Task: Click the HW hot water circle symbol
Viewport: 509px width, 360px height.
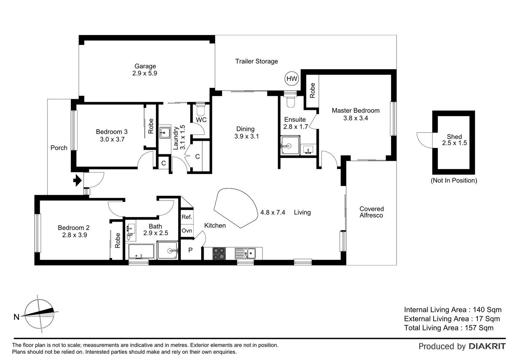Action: tap(292, 79)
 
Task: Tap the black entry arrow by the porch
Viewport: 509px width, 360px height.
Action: tap(78, 180)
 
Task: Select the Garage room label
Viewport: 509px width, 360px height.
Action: tap(145, 66)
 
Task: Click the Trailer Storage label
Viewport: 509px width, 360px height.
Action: tap(257, 61)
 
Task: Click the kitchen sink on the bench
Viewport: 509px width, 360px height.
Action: tap(246, 253)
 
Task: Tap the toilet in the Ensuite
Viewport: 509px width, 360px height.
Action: tap(290, 101)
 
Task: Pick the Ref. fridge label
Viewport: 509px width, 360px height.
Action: tap(187, 217)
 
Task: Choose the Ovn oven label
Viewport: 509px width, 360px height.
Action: tap(187, 231)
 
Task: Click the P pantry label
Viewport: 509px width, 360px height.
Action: tap(190, 250)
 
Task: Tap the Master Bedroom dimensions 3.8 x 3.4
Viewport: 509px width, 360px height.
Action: tap(355, 118)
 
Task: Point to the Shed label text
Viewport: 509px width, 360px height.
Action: tap(454, 137)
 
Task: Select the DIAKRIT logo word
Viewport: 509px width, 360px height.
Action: tap(487, 346)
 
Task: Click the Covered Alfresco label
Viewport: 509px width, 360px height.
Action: tap(371, 212)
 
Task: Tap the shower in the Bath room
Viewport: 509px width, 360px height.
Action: tap(168, 250)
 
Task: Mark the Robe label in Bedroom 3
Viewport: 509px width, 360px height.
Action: tap(151, 126)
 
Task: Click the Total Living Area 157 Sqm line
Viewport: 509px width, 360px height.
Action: tap(448, 328)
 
